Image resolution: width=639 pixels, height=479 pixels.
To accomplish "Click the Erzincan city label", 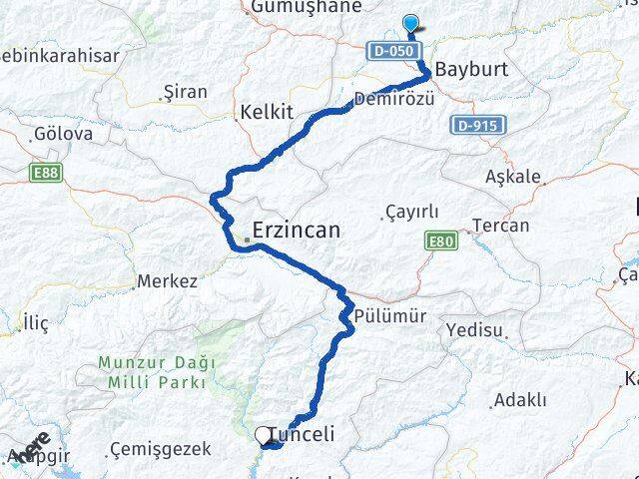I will [x=296, y=230].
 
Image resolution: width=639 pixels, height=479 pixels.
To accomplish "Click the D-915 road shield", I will [x=479, y=125].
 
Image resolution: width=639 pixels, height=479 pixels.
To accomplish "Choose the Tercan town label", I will [x=501, y=226].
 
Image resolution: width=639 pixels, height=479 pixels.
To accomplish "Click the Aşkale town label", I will [x=512, y=177].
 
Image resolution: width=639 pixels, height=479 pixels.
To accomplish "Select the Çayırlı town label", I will [x=410, y=212].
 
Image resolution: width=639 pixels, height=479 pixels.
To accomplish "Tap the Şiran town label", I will [x=185, y=92].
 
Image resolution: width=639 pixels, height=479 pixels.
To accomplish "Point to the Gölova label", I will [x=63, y=133].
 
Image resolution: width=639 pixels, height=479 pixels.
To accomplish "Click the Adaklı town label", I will [x=520, y=400].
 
